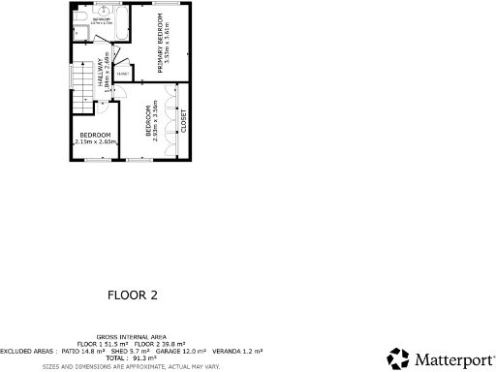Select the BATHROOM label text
[x=101, y=19]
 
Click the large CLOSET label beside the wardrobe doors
[x=183, y=120]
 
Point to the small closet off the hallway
[x=122, y=74]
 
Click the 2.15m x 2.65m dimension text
[x=95, y=141]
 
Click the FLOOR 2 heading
[x=133, y=293]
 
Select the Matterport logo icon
[x=397, y=359]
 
